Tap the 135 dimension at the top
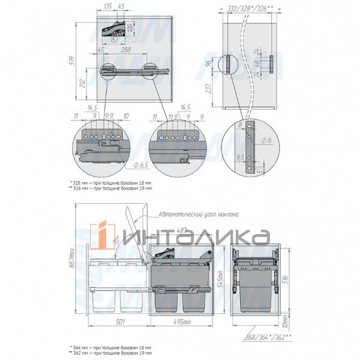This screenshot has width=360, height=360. click(108, 6)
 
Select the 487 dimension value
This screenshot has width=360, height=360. click(181, 229)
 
